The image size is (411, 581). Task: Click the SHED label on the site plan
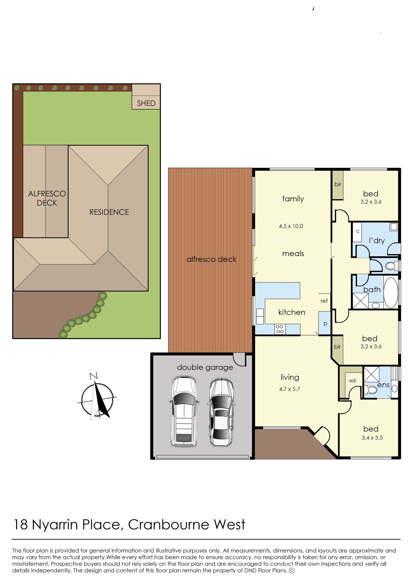(x=146, y=103)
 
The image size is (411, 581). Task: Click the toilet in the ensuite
(x=371, y=390)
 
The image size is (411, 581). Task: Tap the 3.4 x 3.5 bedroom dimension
(x=372, y=438)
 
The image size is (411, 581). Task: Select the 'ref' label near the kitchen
(x=324, y=301)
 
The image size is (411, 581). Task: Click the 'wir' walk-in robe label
(x=353, y=381)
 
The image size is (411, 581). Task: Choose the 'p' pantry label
(x=325, y=324)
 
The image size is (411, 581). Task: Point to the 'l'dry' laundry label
(x=377, y=240)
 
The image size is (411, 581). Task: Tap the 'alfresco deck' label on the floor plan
(x=211, y=259)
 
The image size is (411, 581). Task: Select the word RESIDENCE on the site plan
(x=109, y=212)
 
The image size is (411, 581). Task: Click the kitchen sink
(x=260, y=317)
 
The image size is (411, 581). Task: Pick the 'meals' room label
(x=293, y=253)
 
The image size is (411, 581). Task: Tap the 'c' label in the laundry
(x=358, y=231)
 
